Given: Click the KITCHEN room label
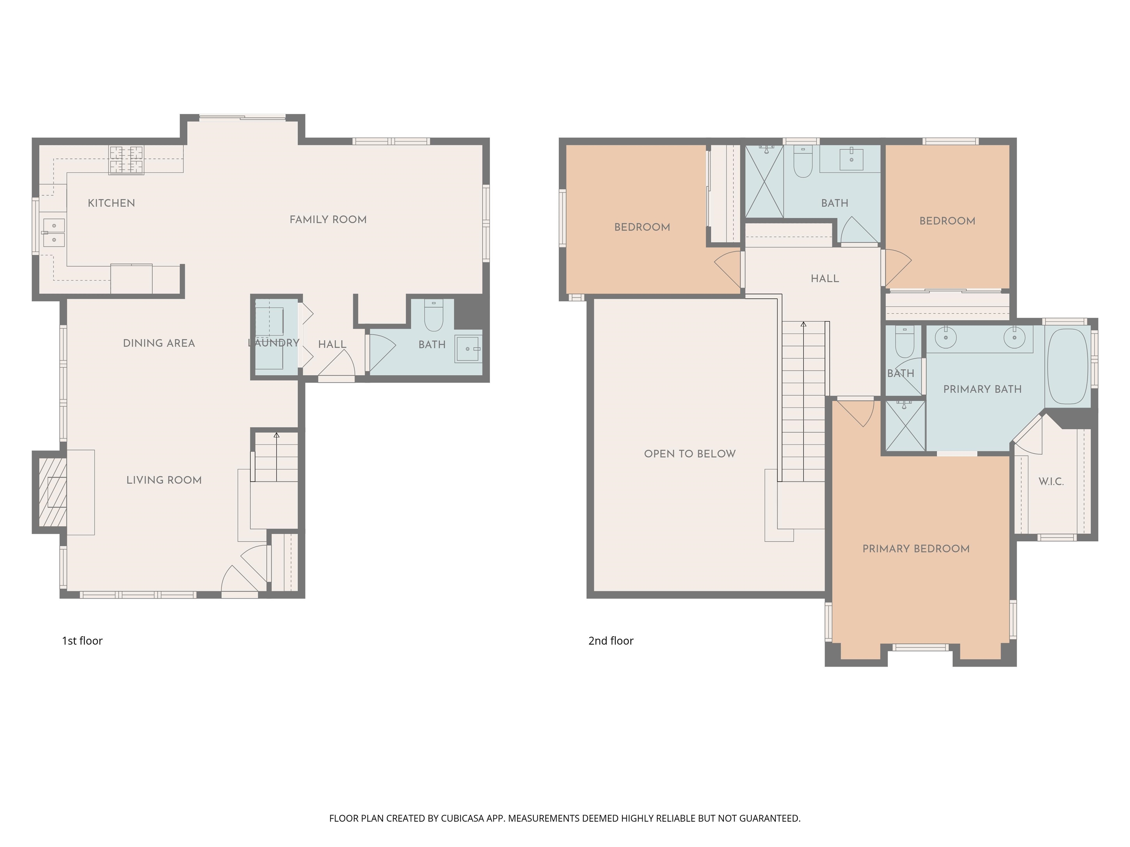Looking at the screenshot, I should pos(111,203).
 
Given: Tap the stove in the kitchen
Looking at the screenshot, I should pos(126,160).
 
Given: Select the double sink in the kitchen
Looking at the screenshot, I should pos(54,232).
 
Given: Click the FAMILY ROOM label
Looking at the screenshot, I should pos(328,219).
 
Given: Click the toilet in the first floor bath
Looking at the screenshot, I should pos(434,317).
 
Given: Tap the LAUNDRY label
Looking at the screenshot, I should pos(274,343).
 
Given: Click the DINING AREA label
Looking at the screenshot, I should pos(159,343).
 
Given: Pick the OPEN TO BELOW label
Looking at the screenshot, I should pos(690,454).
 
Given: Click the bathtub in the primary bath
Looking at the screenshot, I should pos(1068,367).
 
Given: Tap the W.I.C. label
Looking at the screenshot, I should pos(1051,482).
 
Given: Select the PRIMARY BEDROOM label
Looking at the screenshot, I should pos(916,549).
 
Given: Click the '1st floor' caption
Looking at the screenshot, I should pos(82,641).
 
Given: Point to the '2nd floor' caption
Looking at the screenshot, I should pos(611,641).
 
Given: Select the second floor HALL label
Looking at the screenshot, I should pos(825,279).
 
